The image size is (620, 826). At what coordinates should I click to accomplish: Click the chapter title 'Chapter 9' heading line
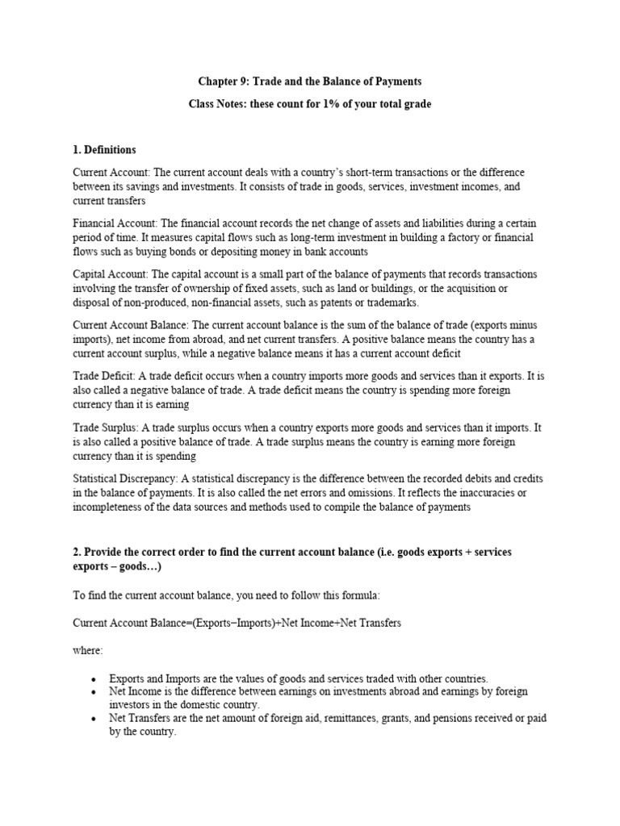point(310,82)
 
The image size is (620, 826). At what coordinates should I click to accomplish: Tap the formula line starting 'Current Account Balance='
point(236,624)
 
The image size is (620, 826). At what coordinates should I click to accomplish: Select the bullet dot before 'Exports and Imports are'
point(94,679)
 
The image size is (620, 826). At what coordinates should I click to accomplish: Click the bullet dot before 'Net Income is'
point(94,692)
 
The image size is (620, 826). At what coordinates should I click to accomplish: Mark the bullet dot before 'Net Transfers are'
point(94,719)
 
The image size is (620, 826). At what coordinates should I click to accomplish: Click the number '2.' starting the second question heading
point(78,552)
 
